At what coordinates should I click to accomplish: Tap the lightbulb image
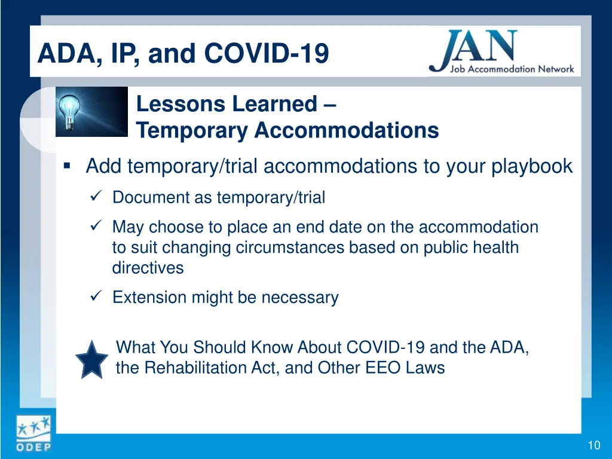[91, 112]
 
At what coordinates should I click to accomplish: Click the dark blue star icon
[91, 360]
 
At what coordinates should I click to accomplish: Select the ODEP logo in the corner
[33, 434]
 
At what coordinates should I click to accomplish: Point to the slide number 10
[594, 445]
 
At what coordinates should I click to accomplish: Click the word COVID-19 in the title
[267, 53]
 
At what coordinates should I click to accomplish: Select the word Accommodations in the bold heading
[347, 130]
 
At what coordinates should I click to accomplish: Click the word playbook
[532, 166]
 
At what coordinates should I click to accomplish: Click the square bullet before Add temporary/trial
[67, 166]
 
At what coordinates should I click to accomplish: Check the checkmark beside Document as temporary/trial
[96, 195]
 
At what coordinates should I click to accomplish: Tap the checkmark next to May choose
[96, 225]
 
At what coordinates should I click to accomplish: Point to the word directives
[148, 268]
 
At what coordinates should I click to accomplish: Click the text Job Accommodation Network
[512, 69]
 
